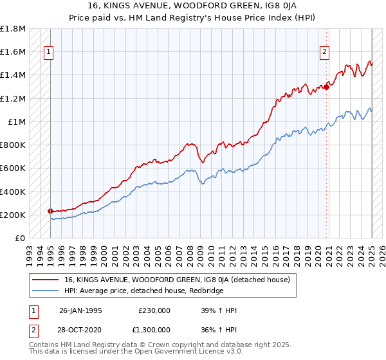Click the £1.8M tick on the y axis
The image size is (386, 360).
coord(13,29)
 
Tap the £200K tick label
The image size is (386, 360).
coord(13,215)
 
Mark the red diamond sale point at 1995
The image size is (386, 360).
coord(51,211)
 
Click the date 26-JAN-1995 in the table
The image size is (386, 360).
coord(80,310)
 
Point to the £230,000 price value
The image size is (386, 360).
coord(154,310)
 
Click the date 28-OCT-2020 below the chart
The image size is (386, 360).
coord(80,329)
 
